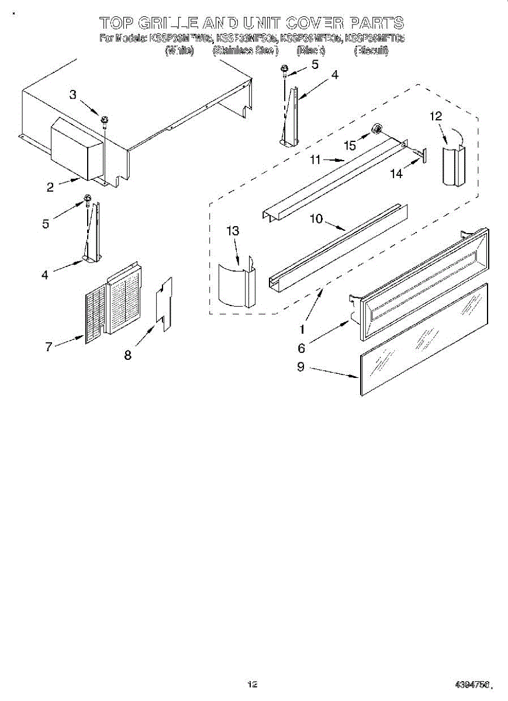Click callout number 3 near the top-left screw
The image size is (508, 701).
point(73,95)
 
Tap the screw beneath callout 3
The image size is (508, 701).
point(105,121)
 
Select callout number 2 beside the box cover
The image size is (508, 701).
point(50,187)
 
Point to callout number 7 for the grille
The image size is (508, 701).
point(49,346)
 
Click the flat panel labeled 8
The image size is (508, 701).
point(164,304)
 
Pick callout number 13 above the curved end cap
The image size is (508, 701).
point(233,231)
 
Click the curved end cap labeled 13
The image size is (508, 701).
point(234,283)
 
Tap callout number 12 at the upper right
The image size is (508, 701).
point(435,116)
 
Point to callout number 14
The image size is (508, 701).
point(396,173)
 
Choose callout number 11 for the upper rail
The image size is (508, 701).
point(316,158)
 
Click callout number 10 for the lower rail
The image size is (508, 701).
point(316,218)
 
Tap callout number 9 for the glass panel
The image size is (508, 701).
point(300,369)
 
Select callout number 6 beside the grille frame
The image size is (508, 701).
point(301,348)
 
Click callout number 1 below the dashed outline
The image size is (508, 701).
point(302,328)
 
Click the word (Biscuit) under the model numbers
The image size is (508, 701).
point(371,51)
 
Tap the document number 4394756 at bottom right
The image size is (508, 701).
point(473,684)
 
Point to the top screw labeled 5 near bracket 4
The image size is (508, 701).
point(285,70)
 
